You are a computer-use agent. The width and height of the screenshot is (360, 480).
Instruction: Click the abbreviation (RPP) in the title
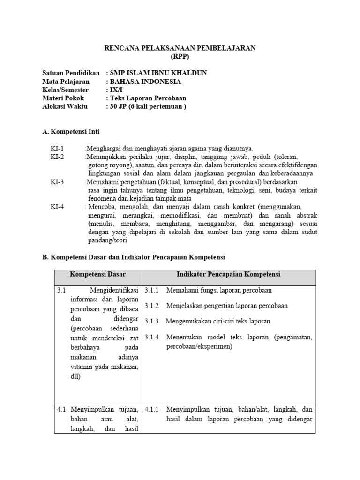click(180, 57)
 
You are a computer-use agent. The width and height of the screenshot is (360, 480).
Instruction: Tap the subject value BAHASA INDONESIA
click(145, 82)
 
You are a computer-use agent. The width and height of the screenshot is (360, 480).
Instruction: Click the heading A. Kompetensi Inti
click(71, 132)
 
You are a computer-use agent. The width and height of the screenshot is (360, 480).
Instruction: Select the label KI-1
click(57, 149)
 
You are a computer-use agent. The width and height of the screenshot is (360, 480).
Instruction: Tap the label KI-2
click(57, 157)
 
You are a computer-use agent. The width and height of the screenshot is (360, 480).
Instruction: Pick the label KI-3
click(57, 182)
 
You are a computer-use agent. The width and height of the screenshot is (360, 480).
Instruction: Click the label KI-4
click(57, 207)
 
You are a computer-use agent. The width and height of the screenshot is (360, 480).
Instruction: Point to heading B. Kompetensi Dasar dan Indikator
click(134, 257)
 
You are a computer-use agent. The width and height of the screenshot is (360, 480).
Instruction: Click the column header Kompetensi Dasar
click(98, 274)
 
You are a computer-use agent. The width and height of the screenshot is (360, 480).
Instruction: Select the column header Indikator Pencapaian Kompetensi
click(228, 274)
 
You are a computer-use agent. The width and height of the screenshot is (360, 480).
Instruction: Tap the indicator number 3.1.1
click(152, 290)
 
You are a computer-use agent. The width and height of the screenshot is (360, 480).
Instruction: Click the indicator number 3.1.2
click(152, 306)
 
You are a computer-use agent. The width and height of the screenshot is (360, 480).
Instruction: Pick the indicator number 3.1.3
click(152, 321)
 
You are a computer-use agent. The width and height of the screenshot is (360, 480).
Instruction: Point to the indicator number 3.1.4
click(152, 337)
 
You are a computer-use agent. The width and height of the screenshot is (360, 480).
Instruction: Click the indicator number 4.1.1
click(152, 409)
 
